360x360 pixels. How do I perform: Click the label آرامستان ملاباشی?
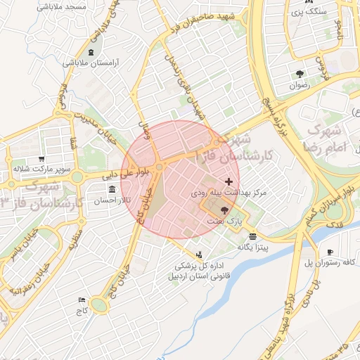point(91,63)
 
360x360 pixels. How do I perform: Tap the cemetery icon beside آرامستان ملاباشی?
point(91,53)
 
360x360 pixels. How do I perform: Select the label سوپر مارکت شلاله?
point(41,169)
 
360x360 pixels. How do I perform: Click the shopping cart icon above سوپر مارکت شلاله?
point(42,159)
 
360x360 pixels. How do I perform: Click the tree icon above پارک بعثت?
point(224,210)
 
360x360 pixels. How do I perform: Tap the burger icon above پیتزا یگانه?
point(252,236)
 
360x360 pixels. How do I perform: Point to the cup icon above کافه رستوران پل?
point(330,252)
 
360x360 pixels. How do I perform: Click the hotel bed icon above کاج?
point(82,300)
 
